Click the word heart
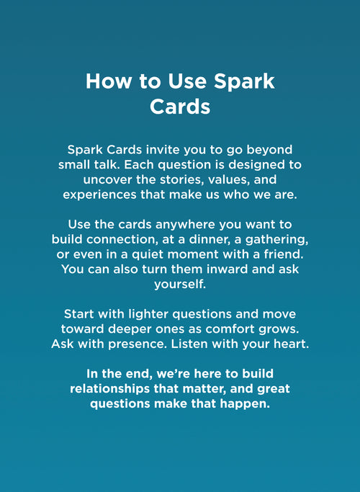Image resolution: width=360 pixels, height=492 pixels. (x=290, y=346)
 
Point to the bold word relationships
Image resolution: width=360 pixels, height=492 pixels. (x=112, y=389)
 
